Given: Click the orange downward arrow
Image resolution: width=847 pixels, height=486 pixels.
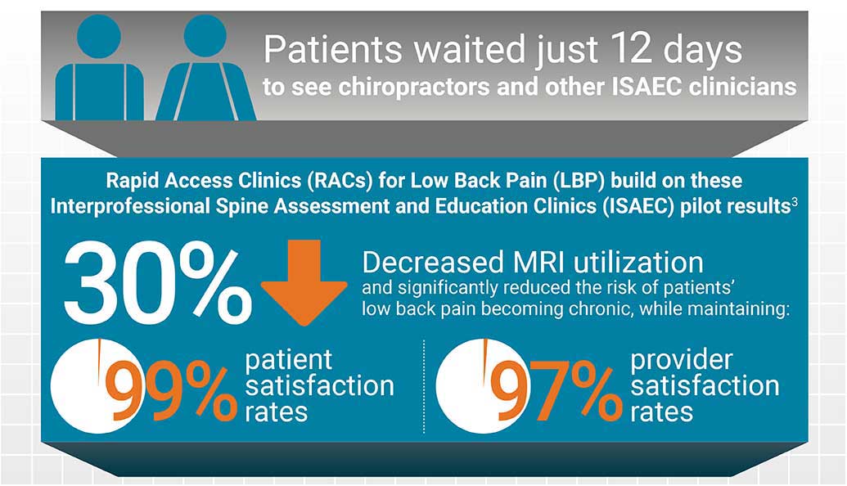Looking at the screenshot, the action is pyautogui.click(x=304, y=282).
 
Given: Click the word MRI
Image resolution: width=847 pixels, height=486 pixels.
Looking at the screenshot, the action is pyautogui.click(x=538, y=263).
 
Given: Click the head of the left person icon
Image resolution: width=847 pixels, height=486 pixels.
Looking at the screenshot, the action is pyautogui.click(x=99, y=36).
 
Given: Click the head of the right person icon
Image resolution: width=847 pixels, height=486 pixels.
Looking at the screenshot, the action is pyautogui.click(x=205, y=35).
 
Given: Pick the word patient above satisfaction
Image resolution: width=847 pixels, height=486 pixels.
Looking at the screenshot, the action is pyautogui.click(x=288, y=361).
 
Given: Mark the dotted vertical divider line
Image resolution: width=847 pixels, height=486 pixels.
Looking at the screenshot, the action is pyautogui.click(x=424, y=386).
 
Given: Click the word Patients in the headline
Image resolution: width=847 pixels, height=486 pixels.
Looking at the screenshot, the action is pyautogui.click(x=333, y=49).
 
